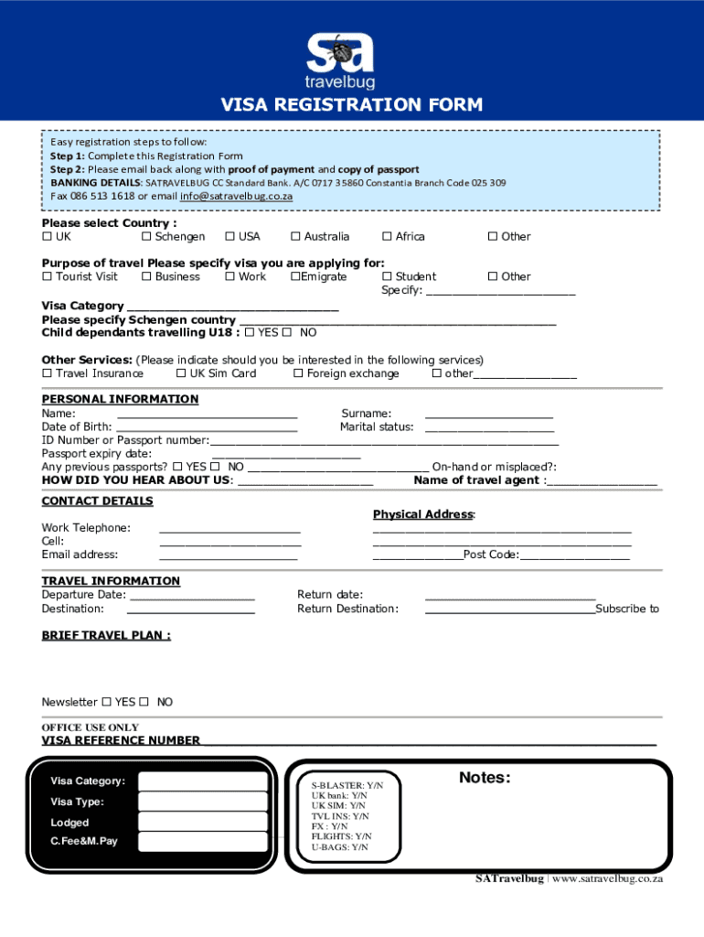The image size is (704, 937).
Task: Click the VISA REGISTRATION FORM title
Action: pyautogui.click(x=352, y=105)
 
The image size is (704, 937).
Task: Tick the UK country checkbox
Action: pyautogui.click(x=47, y=237)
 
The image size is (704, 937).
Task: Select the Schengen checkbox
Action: pyautogui.click(x=146, y=237)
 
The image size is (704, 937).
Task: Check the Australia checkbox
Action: pyautogui.click(x=296, y=237)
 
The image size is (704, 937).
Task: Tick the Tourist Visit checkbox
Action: pyautogui.click(x=47, y=277)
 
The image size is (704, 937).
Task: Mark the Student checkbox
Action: pyautogui.click(x=387, y=277)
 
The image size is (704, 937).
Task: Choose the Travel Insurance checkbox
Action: pyautogui.click(x=47, y=374)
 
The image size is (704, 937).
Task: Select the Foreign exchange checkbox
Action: pyautogui.click(x=298, y=374)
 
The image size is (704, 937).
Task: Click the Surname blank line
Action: pyautogui.click(x=489, y=416)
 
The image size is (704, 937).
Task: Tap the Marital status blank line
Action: pyautogui.click(x=489, y=429)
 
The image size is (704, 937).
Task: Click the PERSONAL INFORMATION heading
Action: pyautogui.click(x=120, y=399)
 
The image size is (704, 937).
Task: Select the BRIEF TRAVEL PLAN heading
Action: pyautogui.click(x=106, y=635)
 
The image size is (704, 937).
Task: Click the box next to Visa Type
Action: pyautogui.click(x=203, y=802)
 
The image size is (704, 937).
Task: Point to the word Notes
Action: pyautogui.click(x=485, y=778)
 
